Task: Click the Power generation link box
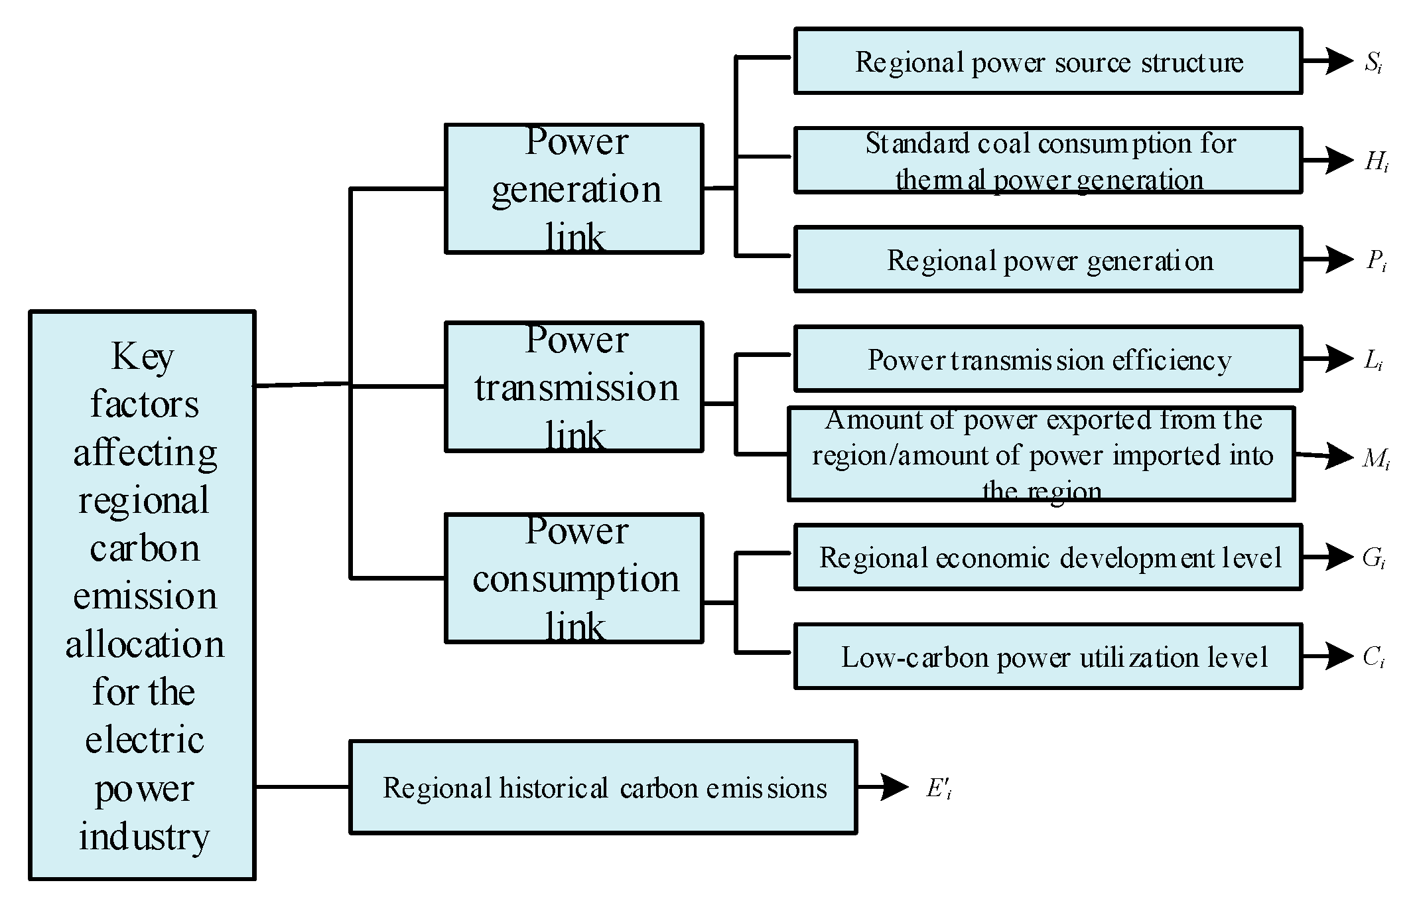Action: coord(574,188)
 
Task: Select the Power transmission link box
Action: coord(574,387)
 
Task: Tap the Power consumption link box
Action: coord(574,578)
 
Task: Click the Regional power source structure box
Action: coord(1048,61)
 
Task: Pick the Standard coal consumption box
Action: coord(1048,161)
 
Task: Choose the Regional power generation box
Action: coord(1048,259)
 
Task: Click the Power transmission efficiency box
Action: coord(1048,359)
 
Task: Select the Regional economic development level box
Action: coord(1048,557)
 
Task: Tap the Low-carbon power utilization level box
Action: coord(1048,656)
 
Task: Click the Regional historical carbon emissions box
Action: coord(603,788)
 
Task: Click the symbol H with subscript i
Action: coord(1376,162)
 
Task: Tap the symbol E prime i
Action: coord(939,789)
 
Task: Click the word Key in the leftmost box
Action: coord(143,357)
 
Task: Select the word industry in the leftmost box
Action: coord(144,836)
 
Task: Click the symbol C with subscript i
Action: coord(1373,658)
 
